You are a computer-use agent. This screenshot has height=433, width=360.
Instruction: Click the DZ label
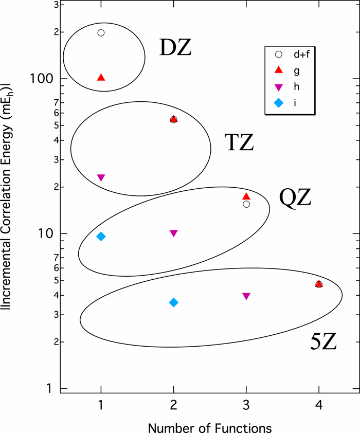175,48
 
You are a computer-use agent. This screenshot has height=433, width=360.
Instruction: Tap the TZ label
239,142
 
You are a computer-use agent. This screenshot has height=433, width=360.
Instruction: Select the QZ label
295,197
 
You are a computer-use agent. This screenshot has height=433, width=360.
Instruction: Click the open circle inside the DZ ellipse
101,33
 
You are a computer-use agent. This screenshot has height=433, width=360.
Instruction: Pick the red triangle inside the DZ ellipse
101,78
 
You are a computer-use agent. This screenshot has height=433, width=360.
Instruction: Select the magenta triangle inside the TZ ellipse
101,177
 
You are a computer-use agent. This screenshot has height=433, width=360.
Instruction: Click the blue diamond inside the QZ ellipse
101,237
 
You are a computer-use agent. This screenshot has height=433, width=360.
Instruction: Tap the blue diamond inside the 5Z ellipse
174,302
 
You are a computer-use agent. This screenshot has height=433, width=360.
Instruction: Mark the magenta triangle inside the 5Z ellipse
246,296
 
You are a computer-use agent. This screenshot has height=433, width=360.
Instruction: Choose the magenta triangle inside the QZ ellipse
174,233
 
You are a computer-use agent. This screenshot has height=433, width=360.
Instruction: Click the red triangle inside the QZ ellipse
246,196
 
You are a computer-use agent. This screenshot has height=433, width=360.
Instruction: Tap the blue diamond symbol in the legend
278,103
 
